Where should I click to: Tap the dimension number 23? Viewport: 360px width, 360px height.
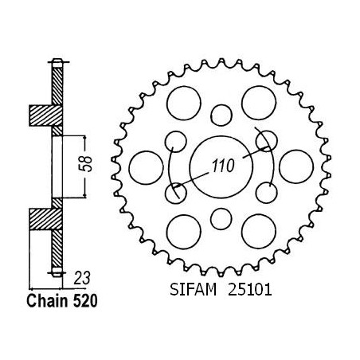[82, 278]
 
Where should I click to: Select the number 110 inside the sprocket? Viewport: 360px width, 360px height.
[223, 166]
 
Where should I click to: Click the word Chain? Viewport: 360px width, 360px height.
[47, 301]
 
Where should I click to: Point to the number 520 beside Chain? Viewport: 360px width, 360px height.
[85, 301]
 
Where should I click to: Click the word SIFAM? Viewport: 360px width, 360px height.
[193, 289]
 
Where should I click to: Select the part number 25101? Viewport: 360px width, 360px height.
[250, 289]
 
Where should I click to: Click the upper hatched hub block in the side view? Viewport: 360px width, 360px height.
[46, 115]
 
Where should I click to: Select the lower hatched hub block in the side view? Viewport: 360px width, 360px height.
[46, 219]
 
